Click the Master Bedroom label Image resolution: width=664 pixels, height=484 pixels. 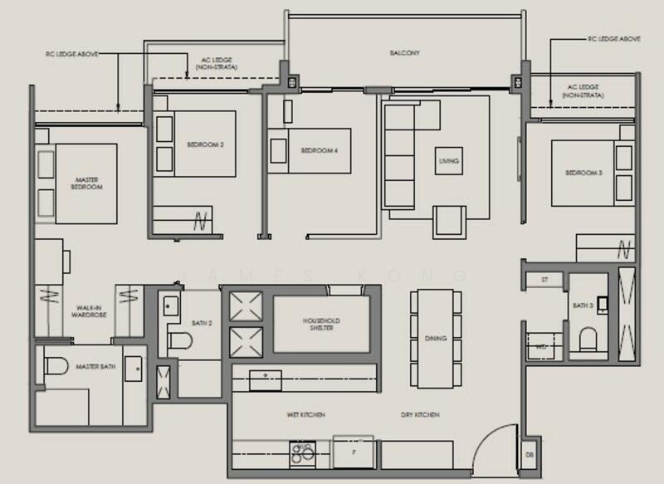(x=87, y=183)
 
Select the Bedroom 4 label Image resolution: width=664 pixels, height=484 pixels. (x=317, y=150)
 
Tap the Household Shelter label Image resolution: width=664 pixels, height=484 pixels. (x=322, y=325)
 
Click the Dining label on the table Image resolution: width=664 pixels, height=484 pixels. (x=435, y=339)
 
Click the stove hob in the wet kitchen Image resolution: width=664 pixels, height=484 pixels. (x=301, y=452)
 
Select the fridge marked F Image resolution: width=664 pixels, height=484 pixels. (x=353, y=452)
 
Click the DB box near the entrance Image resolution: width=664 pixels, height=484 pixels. (x=530, y=456)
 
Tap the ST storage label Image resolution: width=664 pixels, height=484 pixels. (x=544, y=280)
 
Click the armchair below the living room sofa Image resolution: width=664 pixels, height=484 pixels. (x=449, y=220)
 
